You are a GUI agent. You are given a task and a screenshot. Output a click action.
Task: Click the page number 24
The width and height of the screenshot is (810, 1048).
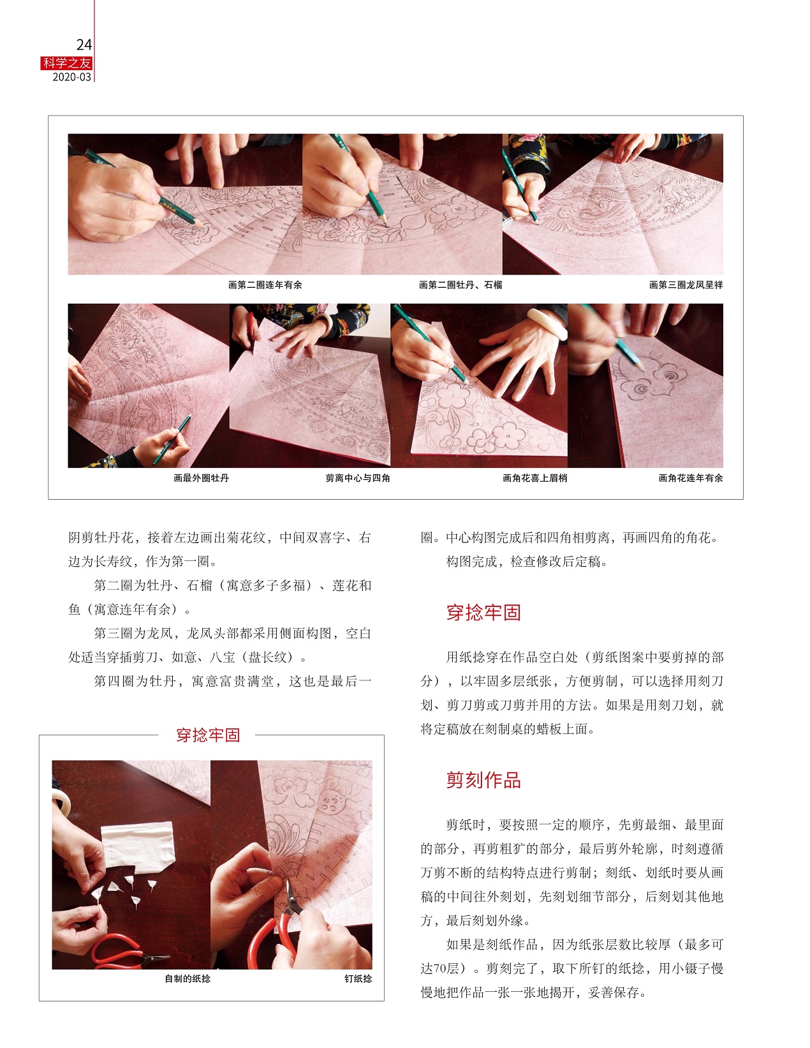84,45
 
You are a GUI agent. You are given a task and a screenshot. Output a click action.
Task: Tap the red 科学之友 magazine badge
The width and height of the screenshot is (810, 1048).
66,63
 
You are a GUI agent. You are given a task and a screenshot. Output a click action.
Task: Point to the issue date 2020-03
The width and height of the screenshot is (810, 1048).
72,77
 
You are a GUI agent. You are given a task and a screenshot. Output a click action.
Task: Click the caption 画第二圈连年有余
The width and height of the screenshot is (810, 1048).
265,285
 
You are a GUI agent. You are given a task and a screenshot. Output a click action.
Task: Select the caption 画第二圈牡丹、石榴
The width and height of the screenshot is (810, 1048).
460,285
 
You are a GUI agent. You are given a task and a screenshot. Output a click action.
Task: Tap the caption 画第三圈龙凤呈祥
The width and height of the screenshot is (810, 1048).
686,285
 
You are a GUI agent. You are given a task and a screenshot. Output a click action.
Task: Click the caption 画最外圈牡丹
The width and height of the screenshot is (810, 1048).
202,478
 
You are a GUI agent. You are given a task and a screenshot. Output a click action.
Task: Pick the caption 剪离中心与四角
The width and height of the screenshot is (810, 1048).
358,478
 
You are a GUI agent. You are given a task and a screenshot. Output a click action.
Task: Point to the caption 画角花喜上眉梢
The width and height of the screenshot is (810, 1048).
535,478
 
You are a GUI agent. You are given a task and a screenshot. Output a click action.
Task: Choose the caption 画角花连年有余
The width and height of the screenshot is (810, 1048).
691,478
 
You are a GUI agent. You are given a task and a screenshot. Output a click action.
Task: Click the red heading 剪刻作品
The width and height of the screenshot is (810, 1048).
483,781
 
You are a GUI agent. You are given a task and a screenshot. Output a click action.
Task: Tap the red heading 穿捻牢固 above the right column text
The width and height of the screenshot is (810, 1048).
483,612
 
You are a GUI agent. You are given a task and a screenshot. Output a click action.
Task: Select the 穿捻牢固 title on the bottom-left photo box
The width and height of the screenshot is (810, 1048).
208,735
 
